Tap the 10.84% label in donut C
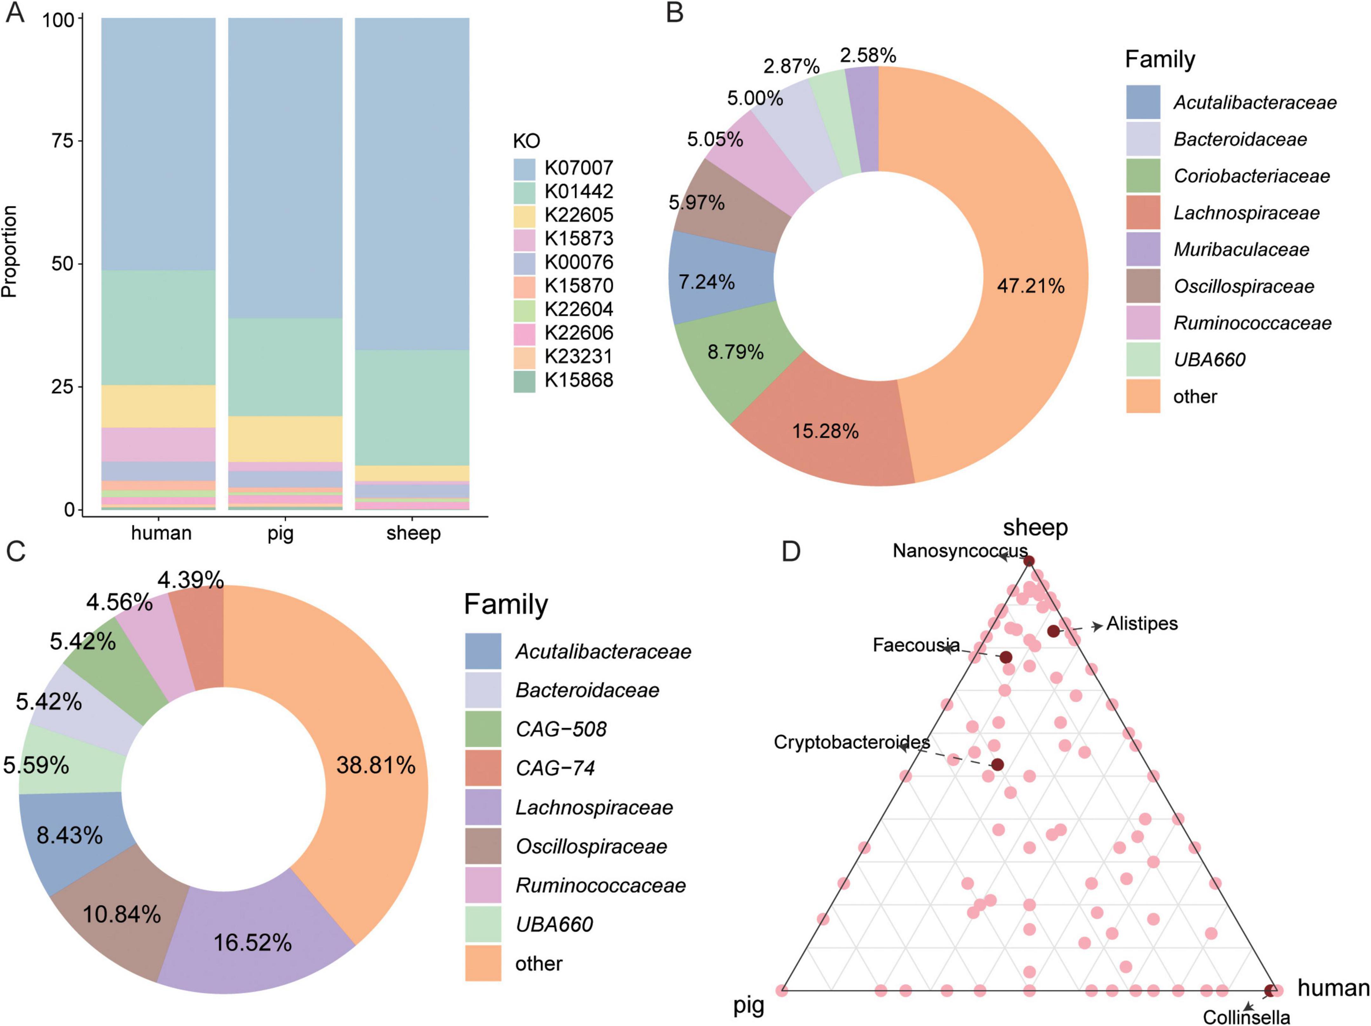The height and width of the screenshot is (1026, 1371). [x=122, y=914]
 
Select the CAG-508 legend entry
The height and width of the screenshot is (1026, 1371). [x=561, y=729]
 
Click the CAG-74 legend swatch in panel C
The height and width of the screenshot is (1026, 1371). [x=483, y=768]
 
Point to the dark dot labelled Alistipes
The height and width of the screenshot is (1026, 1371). [x=1053, y=631]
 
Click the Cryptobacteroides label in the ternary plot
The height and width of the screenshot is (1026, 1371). [x=851, y=741]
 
